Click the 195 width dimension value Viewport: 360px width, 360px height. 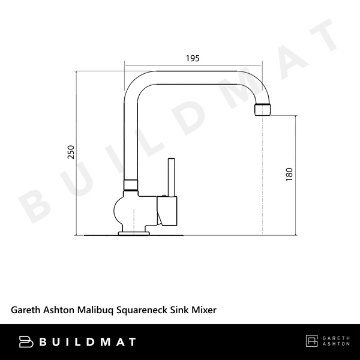(192, 58)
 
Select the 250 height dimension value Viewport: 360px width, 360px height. (70, 153)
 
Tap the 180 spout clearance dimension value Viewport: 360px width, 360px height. (289, 174)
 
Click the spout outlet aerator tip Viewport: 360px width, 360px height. (263, 109)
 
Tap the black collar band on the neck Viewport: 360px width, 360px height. (131, 184)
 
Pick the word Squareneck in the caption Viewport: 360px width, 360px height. (143, 310)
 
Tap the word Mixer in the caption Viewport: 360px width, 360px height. (204, 310)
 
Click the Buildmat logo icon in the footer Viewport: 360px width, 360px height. (26, 342)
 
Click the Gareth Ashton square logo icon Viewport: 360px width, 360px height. (312, 341)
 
